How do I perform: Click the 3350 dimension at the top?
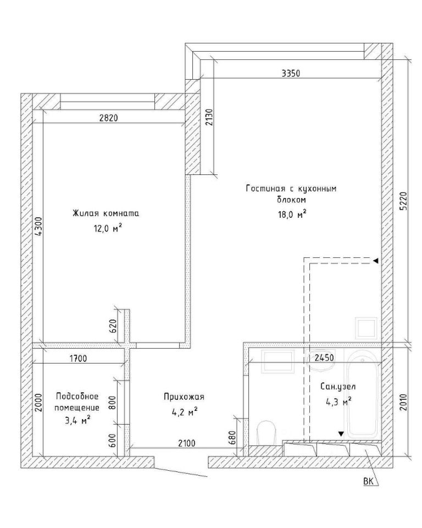(x=291, y=73)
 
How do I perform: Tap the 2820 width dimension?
(x=108, y=118)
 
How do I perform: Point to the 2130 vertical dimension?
(x=209, y=117)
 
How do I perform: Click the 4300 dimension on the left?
(x=39, y=227)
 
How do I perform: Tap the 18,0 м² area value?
(x=292, y=214)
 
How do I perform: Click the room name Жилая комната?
(x=105, y=213)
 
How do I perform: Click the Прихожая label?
(x=184, y=397)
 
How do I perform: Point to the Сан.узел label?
(x=338, y=387)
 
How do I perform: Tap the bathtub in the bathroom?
(x=364, y=395)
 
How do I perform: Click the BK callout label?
(x=368, y=482)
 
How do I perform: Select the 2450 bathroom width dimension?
(x=324, y=358)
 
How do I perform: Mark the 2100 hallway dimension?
(x=186, y=443)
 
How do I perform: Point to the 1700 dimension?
(x=78, y=358)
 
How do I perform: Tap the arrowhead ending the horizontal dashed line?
(x=376, y=261)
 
